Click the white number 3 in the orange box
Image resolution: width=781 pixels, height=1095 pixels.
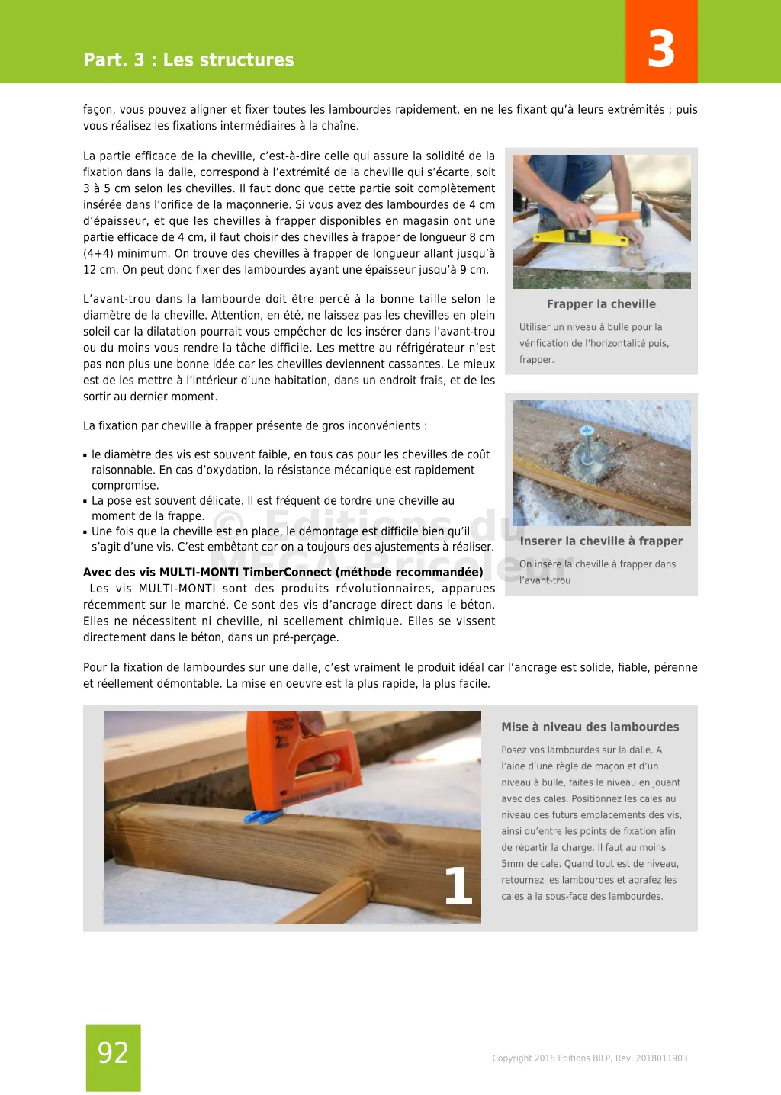[660, 49]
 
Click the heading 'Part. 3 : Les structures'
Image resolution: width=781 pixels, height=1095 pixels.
[188, 59]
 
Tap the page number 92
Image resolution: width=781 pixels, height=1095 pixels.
[113, 1053]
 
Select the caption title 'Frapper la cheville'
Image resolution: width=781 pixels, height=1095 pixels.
[601, 303]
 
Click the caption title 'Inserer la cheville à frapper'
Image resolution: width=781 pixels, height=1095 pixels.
[601, 541]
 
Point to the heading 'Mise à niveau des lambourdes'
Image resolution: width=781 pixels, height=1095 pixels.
[590, 727]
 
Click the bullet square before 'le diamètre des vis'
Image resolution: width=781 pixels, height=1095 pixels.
[85, 455]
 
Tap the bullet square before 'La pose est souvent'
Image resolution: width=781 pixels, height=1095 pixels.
[85, 502]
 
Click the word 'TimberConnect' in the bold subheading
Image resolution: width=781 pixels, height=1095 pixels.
[287, 572]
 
